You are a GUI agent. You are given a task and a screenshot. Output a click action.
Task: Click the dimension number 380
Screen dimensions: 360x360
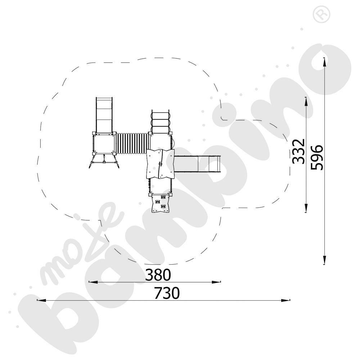158,275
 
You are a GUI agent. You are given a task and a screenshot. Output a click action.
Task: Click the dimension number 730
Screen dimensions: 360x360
167,293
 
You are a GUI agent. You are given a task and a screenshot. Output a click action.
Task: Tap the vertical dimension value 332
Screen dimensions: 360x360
298,151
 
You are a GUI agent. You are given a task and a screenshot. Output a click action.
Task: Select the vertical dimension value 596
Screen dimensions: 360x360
317,158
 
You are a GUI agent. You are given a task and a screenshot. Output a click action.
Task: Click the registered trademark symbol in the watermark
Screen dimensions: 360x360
321,14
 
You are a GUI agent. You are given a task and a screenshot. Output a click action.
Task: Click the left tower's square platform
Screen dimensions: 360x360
104,144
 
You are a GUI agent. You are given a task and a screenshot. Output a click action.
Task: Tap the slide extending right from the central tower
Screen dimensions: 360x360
197,163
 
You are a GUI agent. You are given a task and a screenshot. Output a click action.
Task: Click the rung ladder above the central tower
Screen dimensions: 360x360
161,122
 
